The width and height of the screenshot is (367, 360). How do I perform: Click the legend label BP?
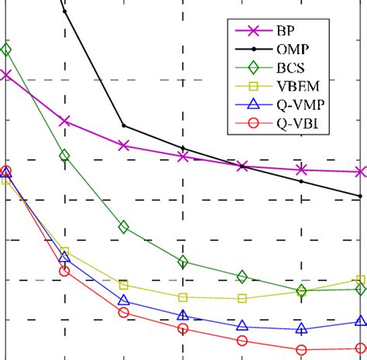[284, 32]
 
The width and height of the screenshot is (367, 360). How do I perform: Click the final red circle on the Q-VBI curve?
[360, 348]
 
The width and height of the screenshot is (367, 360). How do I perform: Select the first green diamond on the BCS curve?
[6, 50]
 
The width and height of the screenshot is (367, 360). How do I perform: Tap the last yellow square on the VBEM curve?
[360, 279]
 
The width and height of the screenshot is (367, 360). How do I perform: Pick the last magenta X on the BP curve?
[360, 172]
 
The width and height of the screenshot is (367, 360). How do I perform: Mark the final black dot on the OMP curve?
[360, 196]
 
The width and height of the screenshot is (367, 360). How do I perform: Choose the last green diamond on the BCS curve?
[360, 289]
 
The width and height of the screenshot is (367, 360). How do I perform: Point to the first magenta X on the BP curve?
[6, 74]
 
